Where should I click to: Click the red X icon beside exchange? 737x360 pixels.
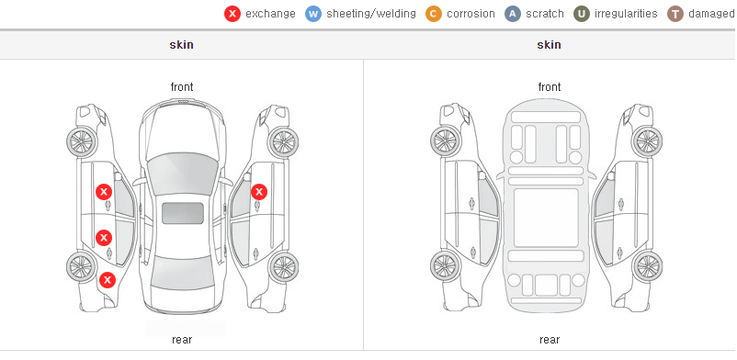pos(232,14)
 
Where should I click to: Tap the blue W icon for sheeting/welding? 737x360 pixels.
pos(313,14)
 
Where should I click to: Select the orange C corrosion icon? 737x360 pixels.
pos(434,14)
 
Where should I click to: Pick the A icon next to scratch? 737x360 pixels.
pos(513,14)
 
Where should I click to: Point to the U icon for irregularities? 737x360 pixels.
pos(582,14)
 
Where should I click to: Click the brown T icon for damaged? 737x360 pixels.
pos(675,14)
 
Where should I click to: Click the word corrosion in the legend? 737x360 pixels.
pos(471,14)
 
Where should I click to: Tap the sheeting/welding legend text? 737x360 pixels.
pos(371,14)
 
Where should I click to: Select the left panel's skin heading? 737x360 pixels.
pos(181,45)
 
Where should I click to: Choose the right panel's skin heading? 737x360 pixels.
pos(549,45)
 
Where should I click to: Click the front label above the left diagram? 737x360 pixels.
pos(182,87)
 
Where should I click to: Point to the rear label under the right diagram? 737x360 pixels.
pos(550,340)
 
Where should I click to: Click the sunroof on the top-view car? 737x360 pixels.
pos(183,213)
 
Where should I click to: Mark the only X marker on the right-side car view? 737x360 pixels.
pos(259,192)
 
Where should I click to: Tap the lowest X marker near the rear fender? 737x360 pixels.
pos(108,281)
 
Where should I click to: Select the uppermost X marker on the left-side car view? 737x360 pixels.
pos(104,192)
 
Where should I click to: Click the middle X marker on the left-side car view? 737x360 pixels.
pos(104,238)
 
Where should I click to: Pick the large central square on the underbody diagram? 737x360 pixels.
pos(546,218)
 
